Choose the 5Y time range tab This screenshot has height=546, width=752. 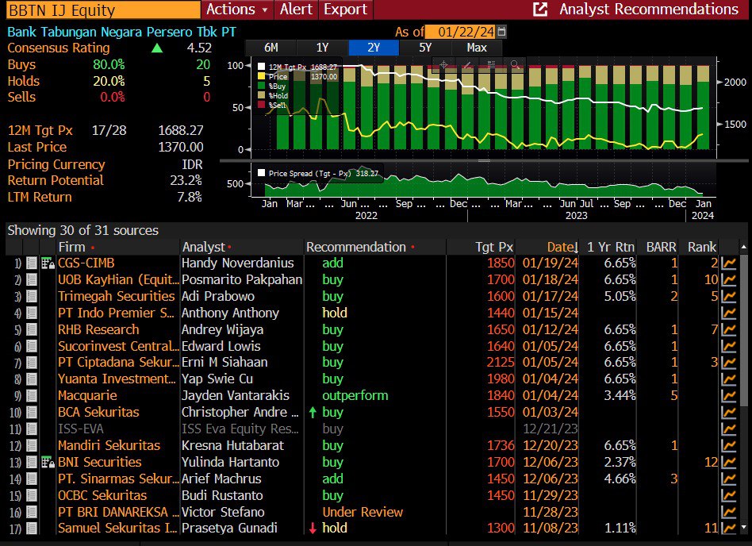tap(425, 48)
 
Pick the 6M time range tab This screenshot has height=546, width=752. tap(270, 48)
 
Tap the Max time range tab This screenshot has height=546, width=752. tap(477, 48)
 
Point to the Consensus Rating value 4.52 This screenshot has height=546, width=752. tap(198, 48)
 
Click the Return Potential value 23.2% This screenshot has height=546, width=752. tap(186, 180)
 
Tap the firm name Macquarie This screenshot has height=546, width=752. tap(87, 395)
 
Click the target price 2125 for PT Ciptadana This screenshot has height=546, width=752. tap(501, 362)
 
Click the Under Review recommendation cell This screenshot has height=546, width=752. tap(363, 512)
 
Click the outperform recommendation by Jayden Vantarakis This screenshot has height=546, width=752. tap(355, 395)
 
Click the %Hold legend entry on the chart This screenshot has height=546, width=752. tap(278, 95)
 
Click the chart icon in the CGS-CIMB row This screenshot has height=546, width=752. tap(727, 263)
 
